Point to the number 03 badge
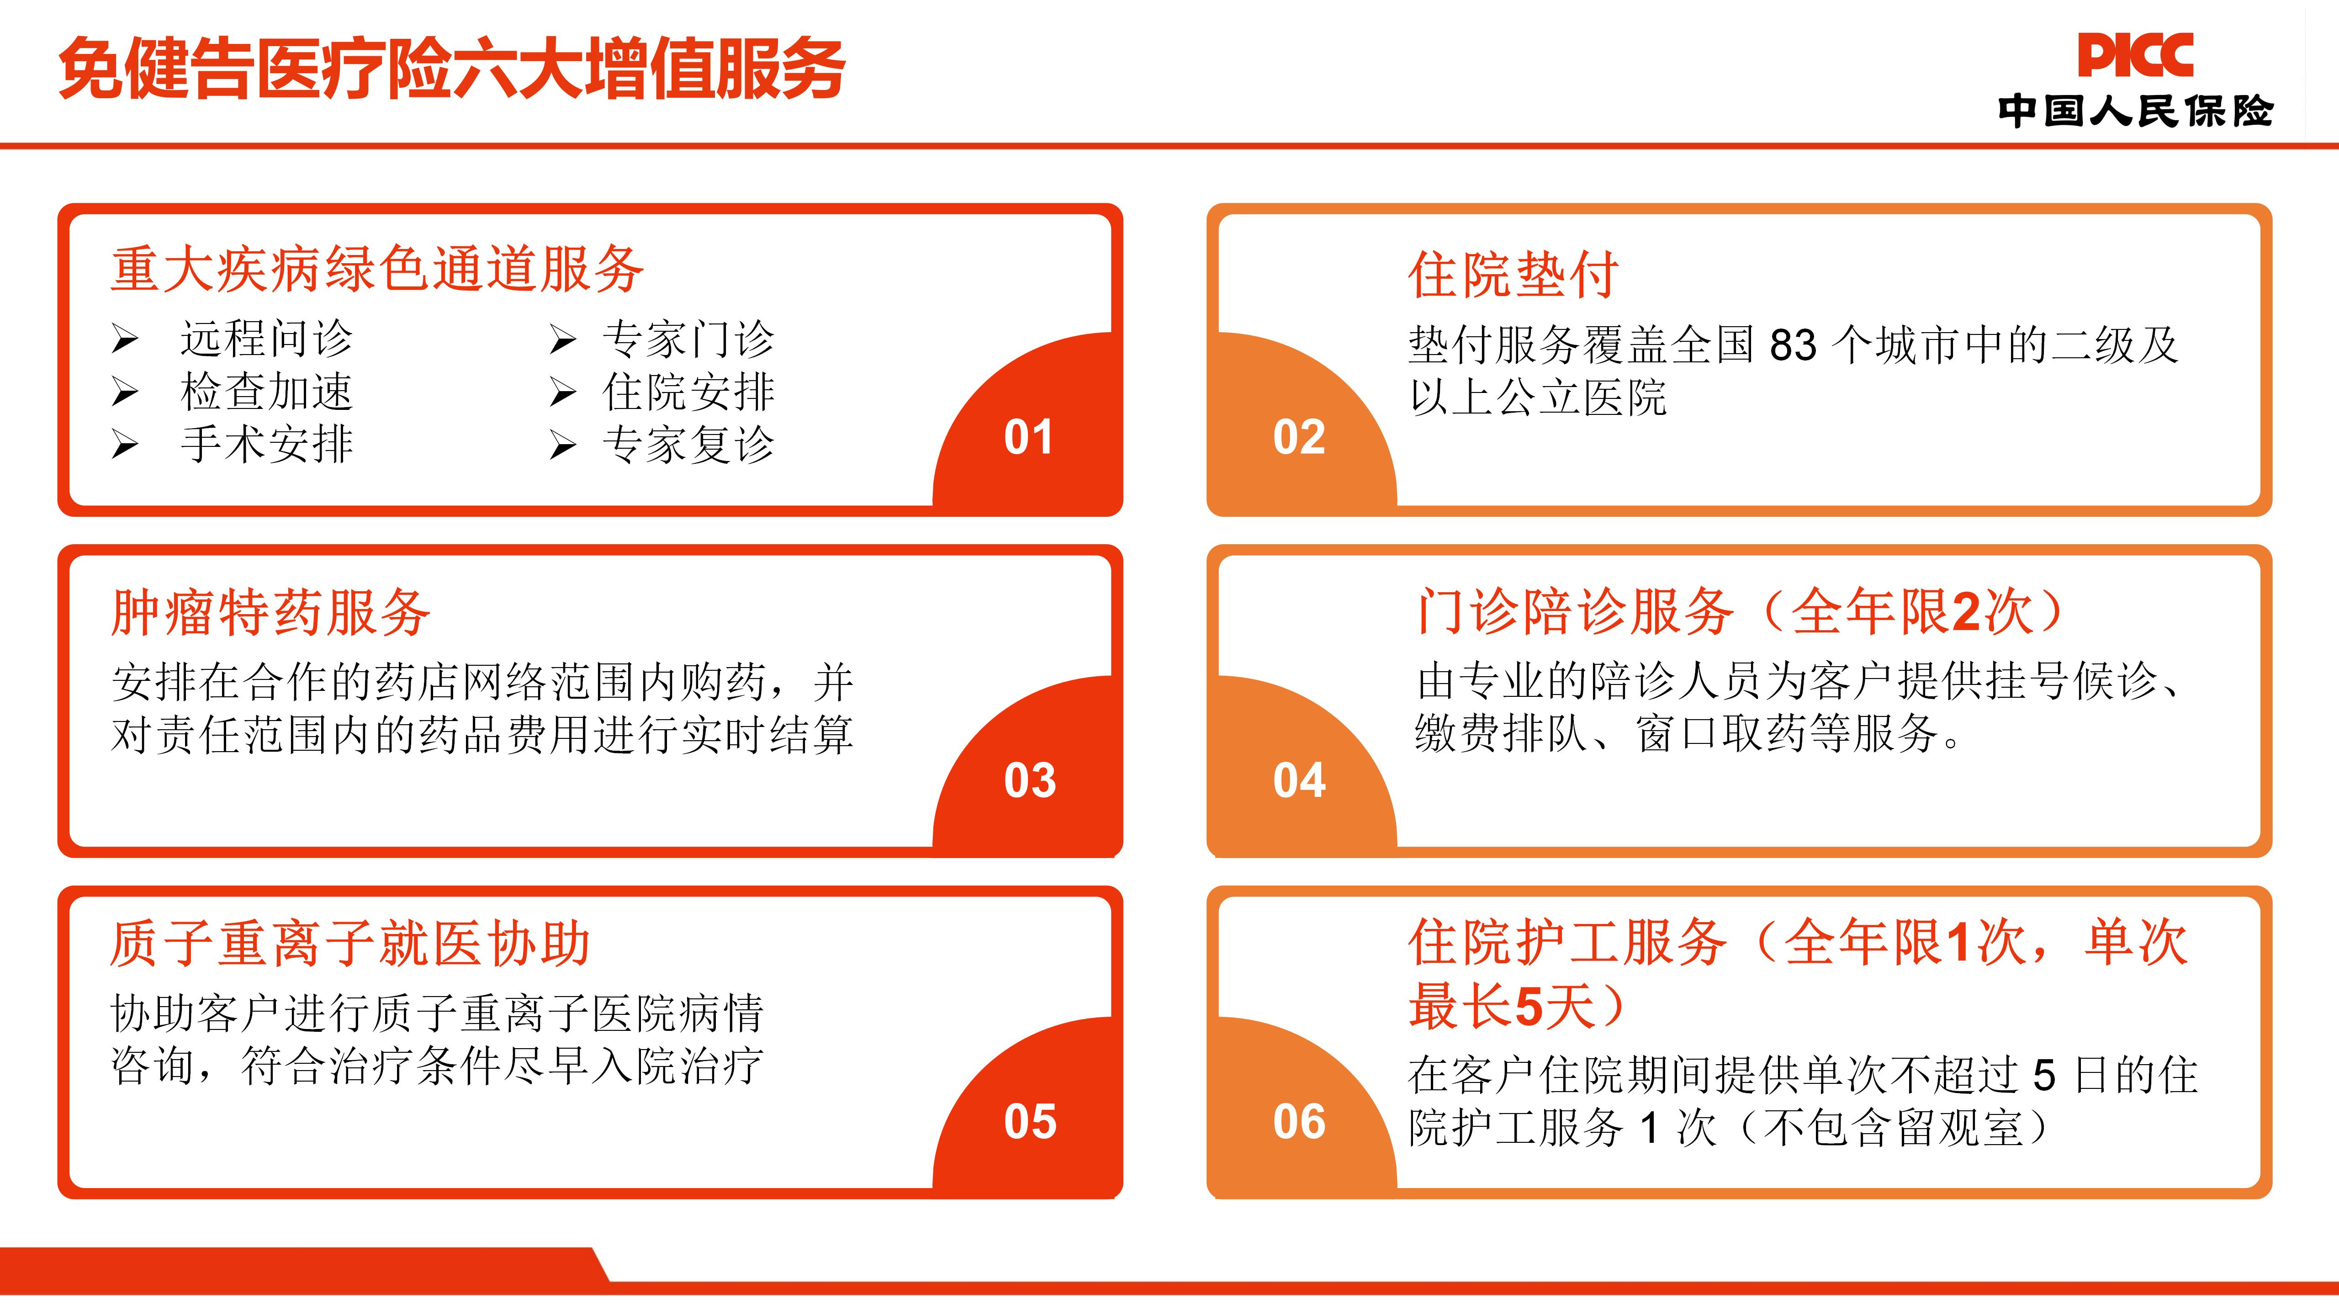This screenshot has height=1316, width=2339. tap(1030, 780)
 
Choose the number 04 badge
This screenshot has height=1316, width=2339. tap(1299, 780)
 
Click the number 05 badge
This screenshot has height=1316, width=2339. tap(1030, 1122)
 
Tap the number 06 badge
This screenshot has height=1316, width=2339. tap(1299, 1122)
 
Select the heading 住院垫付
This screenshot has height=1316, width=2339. tap(1513, 274)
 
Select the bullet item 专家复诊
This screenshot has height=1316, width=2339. tap(688, 444)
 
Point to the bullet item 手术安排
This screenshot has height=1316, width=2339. tap(266, 444)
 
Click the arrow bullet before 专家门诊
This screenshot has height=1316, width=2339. tap(563, 340)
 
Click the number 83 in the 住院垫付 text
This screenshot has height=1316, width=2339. tap(1793, 345)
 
